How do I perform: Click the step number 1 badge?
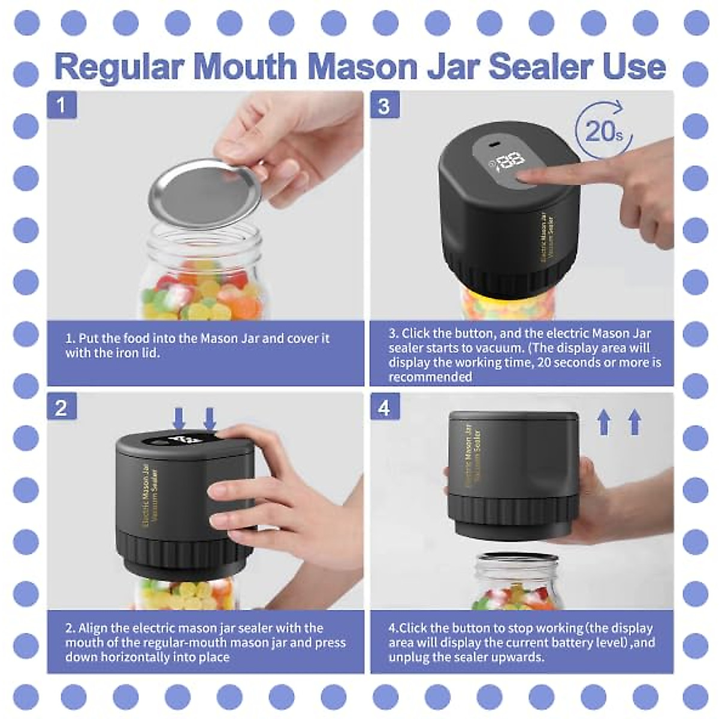(61, 106)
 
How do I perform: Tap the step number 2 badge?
(61, 408)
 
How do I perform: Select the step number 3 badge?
(384, 106)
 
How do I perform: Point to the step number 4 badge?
(384, 408)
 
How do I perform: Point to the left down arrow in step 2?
(179, 418)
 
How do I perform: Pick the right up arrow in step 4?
(635, 422)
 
